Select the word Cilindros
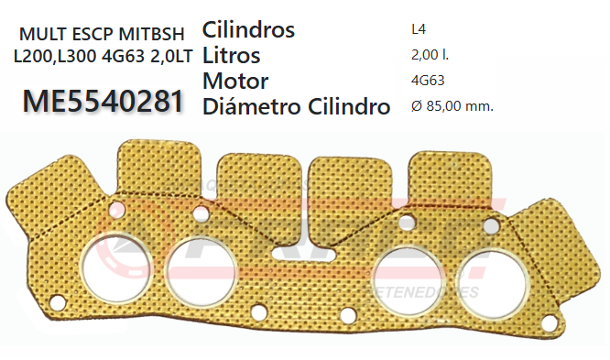pos(247,29)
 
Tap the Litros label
pos(231,55)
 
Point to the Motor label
pos(234,81)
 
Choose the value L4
pos(419,29)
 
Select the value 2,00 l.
pos(430,55)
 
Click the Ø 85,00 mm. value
pos(452,106)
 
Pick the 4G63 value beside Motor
pos(429,81)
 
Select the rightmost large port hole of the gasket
pos(483,268)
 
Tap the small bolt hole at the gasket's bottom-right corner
pos(547,322)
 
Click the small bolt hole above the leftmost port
pos(115,212)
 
